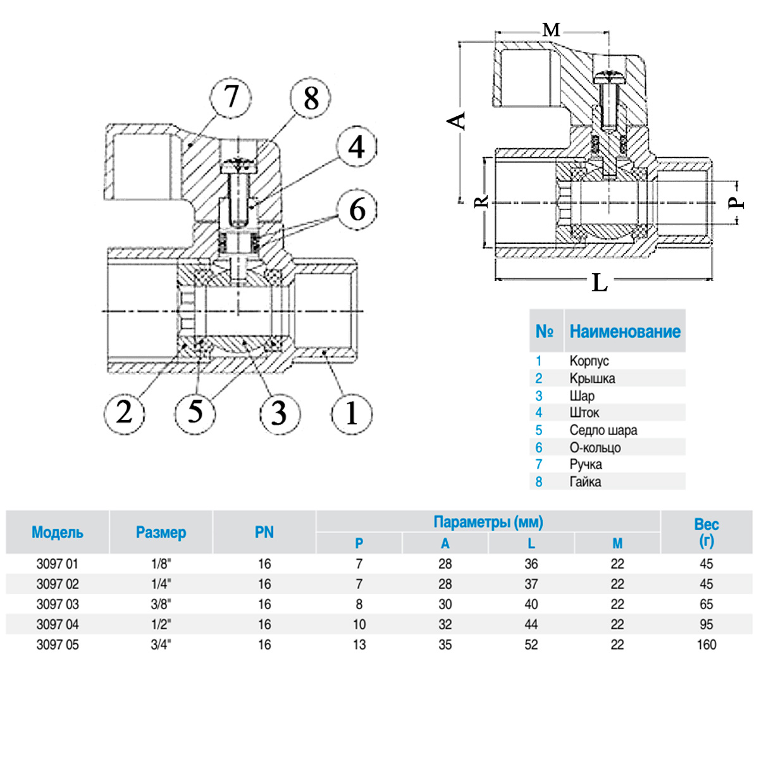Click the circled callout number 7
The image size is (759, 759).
(231, 97)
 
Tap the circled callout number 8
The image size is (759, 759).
(311, 97)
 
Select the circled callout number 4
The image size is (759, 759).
(357, 147)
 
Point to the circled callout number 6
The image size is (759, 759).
(357, 209)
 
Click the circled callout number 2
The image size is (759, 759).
(125, 414)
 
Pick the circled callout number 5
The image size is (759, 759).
(195, 414)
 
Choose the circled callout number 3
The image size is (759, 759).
(280, 414)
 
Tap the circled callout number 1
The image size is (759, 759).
(352, 414)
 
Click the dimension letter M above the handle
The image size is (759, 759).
(551, 30)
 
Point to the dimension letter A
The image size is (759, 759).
(457, 121)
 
